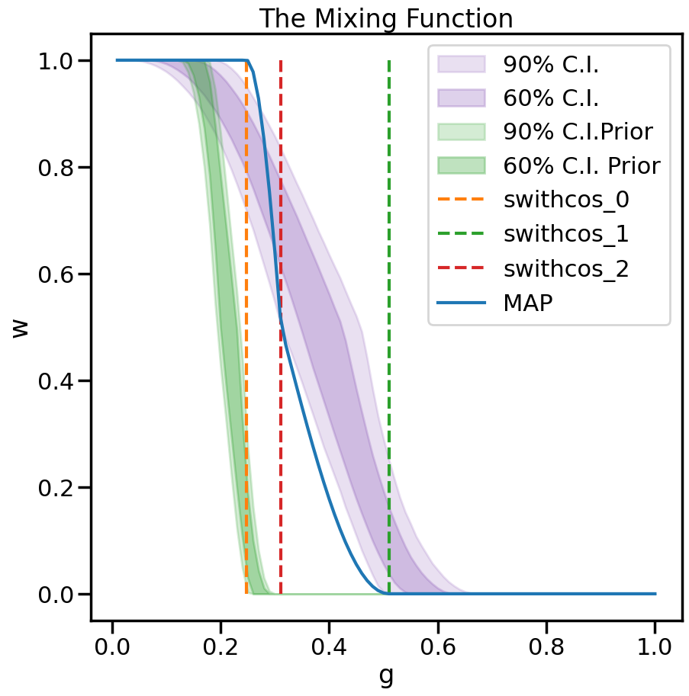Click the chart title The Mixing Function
[x=386, y=18]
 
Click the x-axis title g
[x=386, y=675]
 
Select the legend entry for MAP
[x=528, y=303]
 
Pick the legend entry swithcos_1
[x=566, y=234]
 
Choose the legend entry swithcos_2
[x=566, y=268]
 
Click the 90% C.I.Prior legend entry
[x=578, y=131]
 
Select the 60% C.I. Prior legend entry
[x=581, y=165]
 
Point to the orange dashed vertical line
[x=246, y=381]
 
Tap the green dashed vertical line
[x=389, y=229]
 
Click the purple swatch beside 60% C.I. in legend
[x=462, y=98]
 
